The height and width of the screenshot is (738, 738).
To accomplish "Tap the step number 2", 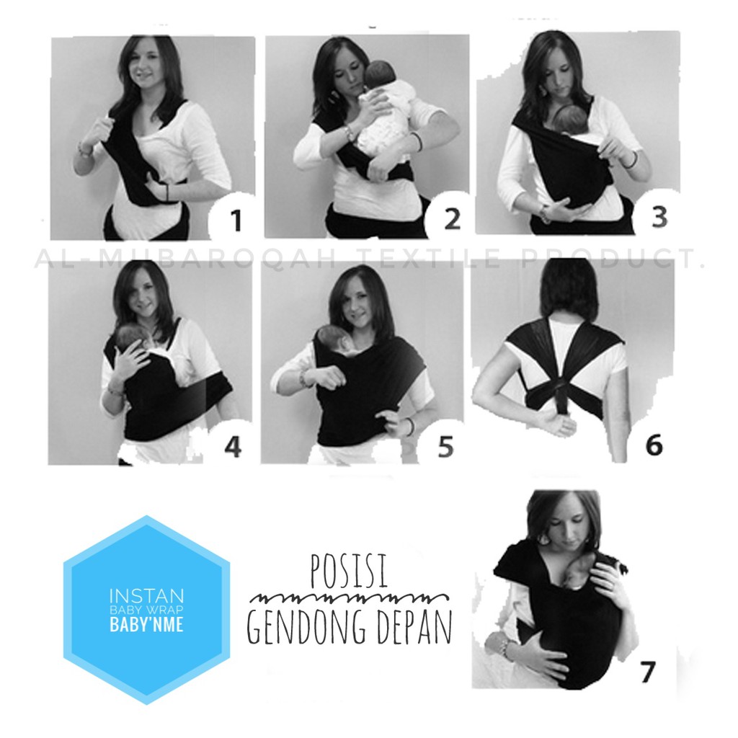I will (451, 219).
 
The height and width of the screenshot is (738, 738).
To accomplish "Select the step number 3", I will (659, 216).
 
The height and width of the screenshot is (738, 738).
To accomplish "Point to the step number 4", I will (232, 447).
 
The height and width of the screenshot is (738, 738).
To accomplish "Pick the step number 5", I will (445, 447).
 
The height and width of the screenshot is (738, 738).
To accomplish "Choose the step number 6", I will (653, 445).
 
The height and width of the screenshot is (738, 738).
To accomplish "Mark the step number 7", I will (646, 672).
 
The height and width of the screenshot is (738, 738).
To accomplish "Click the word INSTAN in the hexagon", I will (146, 596).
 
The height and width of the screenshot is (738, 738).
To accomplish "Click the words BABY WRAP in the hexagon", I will (146, 610).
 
